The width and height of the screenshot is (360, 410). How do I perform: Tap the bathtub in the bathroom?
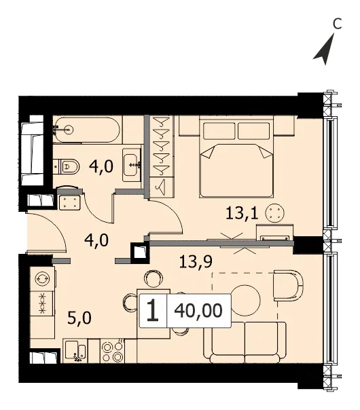[87, 130]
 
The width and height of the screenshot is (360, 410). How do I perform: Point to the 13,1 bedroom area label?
[242, 213]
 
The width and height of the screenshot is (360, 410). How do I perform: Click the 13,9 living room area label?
[196, 262]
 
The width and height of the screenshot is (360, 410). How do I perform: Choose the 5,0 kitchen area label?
[79, 318]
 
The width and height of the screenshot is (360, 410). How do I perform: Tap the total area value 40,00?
[198, 311]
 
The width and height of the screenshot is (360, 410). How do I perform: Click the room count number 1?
[153, 310]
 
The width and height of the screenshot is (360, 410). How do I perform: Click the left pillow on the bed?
[219, 131]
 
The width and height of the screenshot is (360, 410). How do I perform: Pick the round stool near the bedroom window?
[274, 212]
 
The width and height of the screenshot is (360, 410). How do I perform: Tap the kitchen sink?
[75, 351]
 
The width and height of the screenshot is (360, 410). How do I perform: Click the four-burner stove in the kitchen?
[113, 351]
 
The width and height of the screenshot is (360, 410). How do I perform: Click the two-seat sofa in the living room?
[245, 343]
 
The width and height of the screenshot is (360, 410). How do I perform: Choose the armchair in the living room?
[288, 286]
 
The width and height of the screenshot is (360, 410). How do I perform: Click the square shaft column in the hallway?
[140, 253]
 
